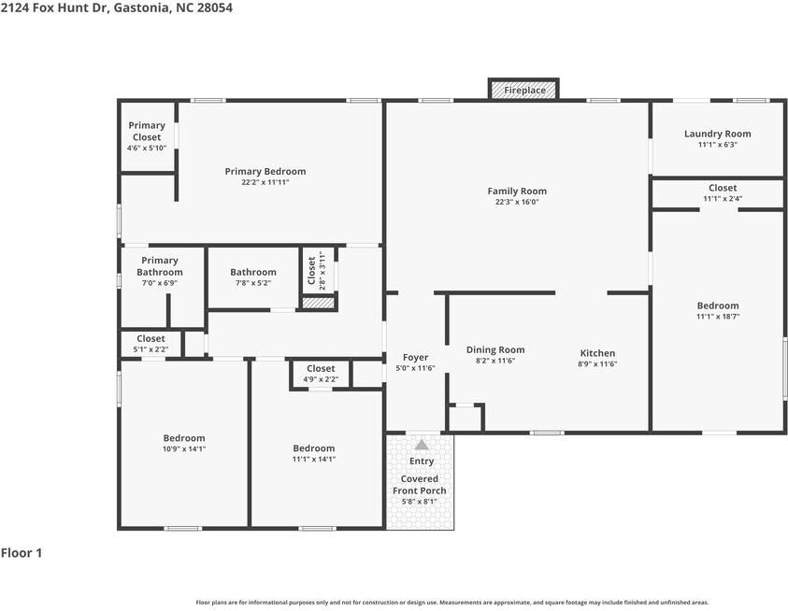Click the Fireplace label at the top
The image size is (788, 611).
[x=524, y=91]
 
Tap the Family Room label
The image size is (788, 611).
[x=517, y=191]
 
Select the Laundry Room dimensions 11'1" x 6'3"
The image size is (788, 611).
[x=718, y=145]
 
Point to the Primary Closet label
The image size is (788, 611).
[x=147, y=131]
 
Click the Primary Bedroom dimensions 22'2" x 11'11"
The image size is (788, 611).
[x=265, y=182]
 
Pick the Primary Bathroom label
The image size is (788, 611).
[x=160, y=266]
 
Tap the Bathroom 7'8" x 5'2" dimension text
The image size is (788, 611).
[x=253, y=283]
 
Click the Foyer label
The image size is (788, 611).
[x=416, y=357]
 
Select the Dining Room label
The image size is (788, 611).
[x=495, y=349]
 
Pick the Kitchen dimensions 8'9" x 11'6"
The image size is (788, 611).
[x=597, y=364]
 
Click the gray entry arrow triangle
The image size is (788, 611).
[x=422, y=445]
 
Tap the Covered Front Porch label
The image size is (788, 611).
[x=420, y=484]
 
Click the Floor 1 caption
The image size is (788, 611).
[x=21, y=553]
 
